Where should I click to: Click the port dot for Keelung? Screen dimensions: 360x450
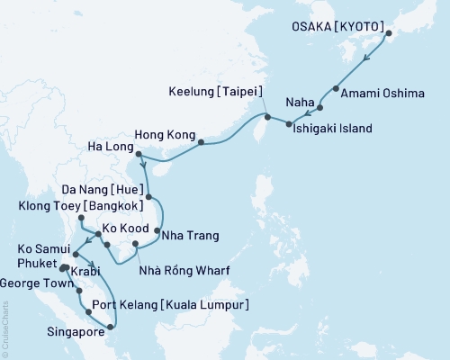266,116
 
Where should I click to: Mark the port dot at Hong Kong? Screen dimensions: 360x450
200,142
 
